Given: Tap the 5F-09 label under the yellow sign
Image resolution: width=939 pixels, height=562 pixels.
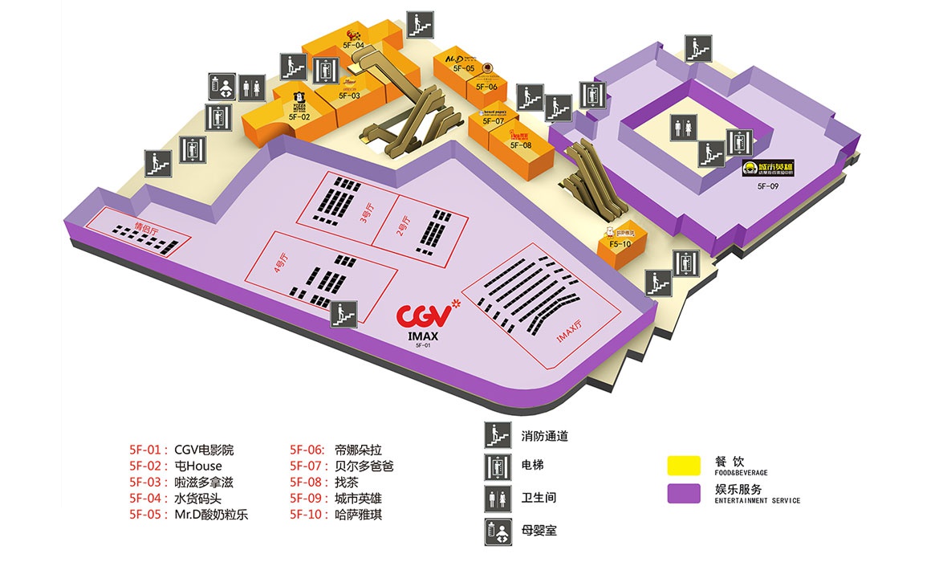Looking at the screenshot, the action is point(768,186).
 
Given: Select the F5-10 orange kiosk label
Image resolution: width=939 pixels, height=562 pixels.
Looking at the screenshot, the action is point(620,243).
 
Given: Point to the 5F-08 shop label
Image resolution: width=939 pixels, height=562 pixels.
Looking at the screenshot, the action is point(521,145).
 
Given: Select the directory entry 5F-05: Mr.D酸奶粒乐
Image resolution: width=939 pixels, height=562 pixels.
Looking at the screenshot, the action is point(189,515).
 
